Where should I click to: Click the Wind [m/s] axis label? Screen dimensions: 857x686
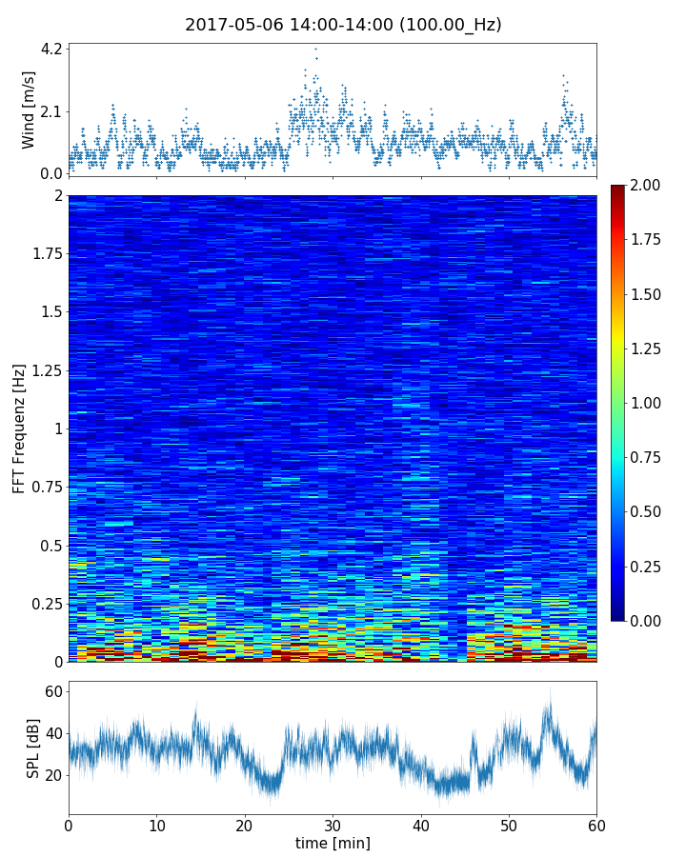click(x=29, y=110)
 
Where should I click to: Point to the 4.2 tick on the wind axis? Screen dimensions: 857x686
click(x=51, y=49)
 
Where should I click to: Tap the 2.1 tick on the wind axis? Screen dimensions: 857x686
click(x=51, y=111)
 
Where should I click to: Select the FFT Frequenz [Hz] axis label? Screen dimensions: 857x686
click(x=19, y=428)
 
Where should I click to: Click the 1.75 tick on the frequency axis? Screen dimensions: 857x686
click(x=44, y=253)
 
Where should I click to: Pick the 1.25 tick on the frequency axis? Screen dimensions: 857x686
click(x=44, y=369)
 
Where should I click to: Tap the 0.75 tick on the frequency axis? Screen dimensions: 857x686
click(x=44, y=487)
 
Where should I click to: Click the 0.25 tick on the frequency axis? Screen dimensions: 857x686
click(x=44, y=604)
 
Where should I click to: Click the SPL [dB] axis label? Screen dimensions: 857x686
click(x=33, y=748)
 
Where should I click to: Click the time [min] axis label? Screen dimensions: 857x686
click(x=333, y=843)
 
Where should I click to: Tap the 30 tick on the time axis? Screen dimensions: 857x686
click(x=333, y=823)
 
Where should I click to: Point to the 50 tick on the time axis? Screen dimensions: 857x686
click(x=509, y=823)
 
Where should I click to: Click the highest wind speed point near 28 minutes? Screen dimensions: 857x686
click(x=315, y=49)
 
